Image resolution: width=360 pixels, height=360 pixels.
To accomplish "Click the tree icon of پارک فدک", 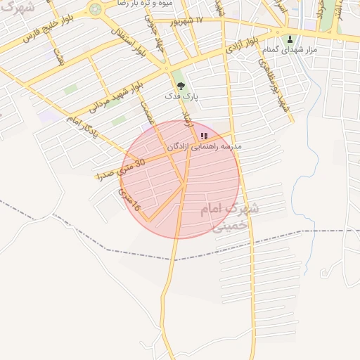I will point(181,86).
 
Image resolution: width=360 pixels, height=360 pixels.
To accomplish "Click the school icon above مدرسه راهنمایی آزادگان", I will point(204,136).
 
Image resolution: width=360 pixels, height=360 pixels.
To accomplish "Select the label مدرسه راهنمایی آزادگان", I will point(204,146).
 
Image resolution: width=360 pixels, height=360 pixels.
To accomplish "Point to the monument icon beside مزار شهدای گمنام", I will point(290,39).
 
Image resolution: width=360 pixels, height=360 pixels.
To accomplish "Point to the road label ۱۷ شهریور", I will point(194,21).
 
